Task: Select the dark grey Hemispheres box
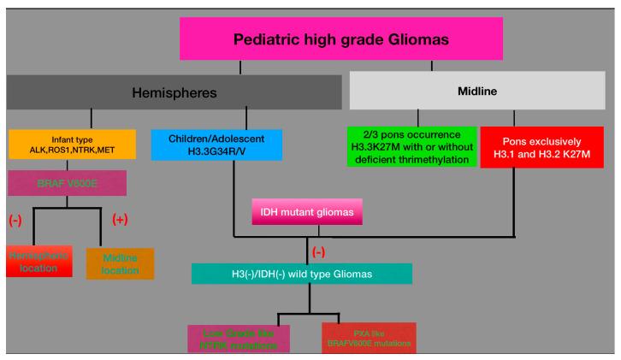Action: point(174,92)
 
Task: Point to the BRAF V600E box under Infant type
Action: point(68,183)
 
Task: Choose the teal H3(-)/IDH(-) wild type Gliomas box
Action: point(302,273)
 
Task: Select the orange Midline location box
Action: point(120,263)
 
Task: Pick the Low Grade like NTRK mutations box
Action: point(239,339)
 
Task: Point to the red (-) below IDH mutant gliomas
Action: point(319,252)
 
